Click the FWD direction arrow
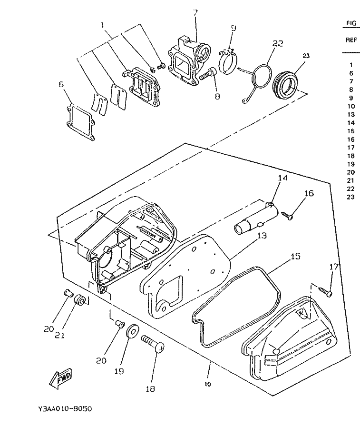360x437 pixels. [61, 379]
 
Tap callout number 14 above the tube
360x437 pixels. [283, 179]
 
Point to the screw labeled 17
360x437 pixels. [324, 290]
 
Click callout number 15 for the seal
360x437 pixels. [295, 256]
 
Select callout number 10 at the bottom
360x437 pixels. [208, 384]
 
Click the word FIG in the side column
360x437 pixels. [351, 23]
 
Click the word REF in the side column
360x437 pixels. [351, 40]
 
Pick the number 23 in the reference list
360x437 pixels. [351, 197]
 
